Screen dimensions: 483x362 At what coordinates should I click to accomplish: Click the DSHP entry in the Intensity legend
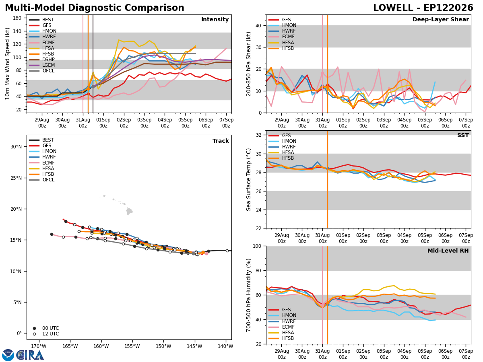(x=48, y=60)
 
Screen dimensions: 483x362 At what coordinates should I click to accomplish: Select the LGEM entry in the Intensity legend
(x=48, y=65)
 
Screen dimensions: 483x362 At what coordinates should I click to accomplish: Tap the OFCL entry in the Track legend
(x=48, y=180)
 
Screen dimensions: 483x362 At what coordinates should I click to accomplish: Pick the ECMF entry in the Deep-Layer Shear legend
(x=288, y=37)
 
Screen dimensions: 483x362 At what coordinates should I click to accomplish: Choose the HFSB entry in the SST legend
(x=288, y=158)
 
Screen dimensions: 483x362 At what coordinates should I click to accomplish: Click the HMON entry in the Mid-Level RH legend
(x=289, y=315)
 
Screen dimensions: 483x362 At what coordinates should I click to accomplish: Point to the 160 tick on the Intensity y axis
(x=17, y=18)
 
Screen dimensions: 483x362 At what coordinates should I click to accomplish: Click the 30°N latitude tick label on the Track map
(x=16, y=147)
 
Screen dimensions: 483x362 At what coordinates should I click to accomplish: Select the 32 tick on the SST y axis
(x=258, y=135)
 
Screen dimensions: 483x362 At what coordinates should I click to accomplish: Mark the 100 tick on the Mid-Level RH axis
(x=257, y=246)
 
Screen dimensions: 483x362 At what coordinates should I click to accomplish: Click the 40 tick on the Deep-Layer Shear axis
(x=258, y=26)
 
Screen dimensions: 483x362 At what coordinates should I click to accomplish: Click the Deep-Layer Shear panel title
(x=440, y=19)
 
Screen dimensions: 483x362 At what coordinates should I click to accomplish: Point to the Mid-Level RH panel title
(x=448, y=251)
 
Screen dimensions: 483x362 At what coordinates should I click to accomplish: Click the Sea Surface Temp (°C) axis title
(x=248, y=180)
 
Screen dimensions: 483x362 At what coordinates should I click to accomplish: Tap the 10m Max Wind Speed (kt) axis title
(x=8, y=64)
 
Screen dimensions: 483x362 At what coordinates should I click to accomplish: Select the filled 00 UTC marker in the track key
(x=34, y=328)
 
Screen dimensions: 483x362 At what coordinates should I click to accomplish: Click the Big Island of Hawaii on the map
(x=129, y=211)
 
